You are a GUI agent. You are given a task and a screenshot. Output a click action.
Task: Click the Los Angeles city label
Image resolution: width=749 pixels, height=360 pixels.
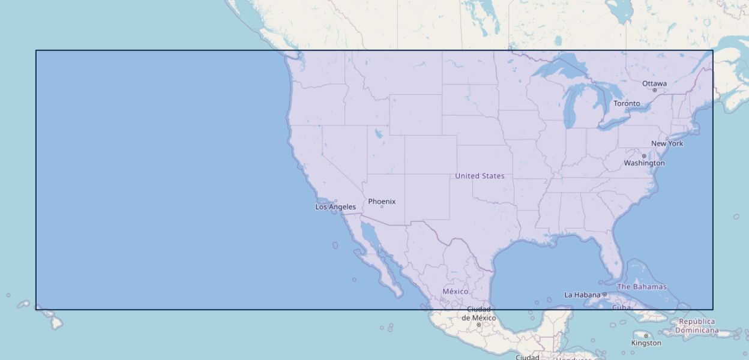pyautogui.click(x=335, y=207)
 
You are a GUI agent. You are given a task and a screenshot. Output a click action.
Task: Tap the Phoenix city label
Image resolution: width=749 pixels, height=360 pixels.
pyautogui.click(x=382, y=202)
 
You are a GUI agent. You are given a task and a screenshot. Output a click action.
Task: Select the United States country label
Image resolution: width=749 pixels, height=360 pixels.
pyautogui.click(x=480, y=176)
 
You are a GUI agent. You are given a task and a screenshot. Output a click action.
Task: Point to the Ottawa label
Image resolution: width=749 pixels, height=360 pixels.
pyautogui.click(x=654, y=83)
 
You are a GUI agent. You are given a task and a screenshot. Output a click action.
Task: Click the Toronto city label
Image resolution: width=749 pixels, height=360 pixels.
pyautogui.click(x=627, y=103)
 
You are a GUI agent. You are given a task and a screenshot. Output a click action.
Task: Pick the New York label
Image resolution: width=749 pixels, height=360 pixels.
pyautogui.click(x=667, y=143)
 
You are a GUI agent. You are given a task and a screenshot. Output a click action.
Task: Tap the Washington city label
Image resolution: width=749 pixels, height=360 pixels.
pyautogui.click(x=644, y=163)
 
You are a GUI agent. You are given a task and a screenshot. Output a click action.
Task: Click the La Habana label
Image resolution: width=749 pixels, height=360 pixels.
pyautogui.click(x=582, y=295)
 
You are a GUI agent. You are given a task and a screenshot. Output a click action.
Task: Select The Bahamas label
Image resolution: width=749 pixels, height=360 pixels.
pyautogui.click(x=642, y=287)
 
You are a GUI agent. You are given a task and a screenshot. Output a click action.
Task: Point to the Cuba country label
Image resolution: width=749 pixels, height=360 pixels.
pyautogui.click(x=621, y=307)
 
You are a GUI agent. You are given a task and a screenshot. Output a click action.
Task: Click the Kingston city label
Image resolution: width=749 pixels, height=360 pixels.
pyautogui.click(x=646, y=343)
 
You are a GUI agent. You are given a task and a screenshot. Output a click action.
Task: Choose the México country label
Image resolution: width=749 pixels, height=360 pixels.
pyautogui.click(x=455, y=292)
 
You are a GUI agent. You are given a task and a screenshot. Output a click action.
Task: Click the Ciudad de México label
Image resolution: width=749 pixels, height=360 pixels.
pyautogui.click(x=478, y=314)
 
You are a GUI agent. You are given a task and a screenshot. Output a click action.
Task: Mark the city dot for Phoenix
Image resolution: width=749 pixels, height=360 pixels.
pyautogui.click(x=382, y=207)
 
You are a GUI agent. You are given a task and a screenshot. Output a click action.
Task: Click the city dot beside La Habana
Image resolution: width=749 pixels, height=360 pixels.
pyautogui.click(x=604, y=295)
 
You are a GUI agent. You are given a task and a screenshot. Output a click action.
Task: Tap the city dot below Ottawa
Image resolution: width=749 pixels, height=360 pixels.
pyautogui.click(x=654, y=91)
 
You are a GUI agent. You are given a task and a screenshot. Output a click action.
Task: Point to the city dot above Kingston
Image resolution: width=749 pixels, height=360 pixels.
pyautogui.click(x=646, y=336)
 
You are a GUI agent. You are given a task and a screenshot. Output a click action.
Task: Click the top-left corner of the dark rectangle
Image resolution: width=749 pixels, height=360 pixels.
pyautogui.click(x=36, y=50)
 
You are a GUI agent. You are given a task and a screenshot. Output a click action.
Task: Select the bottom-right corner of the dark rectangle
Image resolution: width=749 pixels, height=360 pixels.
pyautogui.click(x=713, y=310)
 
